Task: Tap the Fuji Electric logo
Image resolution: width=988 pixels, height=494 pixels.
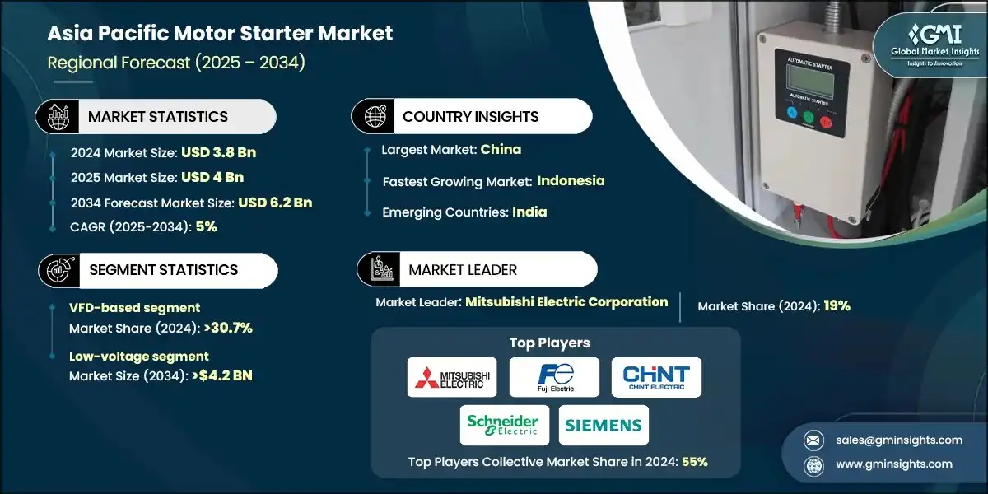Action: click(x=553, y=377)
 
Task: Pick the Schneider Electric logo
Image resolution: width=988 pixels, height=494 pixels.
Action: click(x=502, y=425)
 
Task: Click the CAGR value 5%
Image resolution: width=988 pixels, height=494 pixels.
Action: click(x=207, y=226)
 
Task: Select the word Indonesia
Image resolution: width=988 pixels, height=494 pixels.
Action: click(x=571, y=180)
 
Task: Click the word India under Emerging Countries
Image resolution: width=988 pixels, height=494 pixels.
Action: click(x=530, y=212)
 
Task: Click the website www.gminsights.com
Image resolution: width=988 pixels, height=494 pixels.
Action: click(x=894, y=464)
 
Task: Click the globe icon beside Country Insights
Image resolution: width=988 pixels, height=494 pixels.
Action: click(x=374, y=116)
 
